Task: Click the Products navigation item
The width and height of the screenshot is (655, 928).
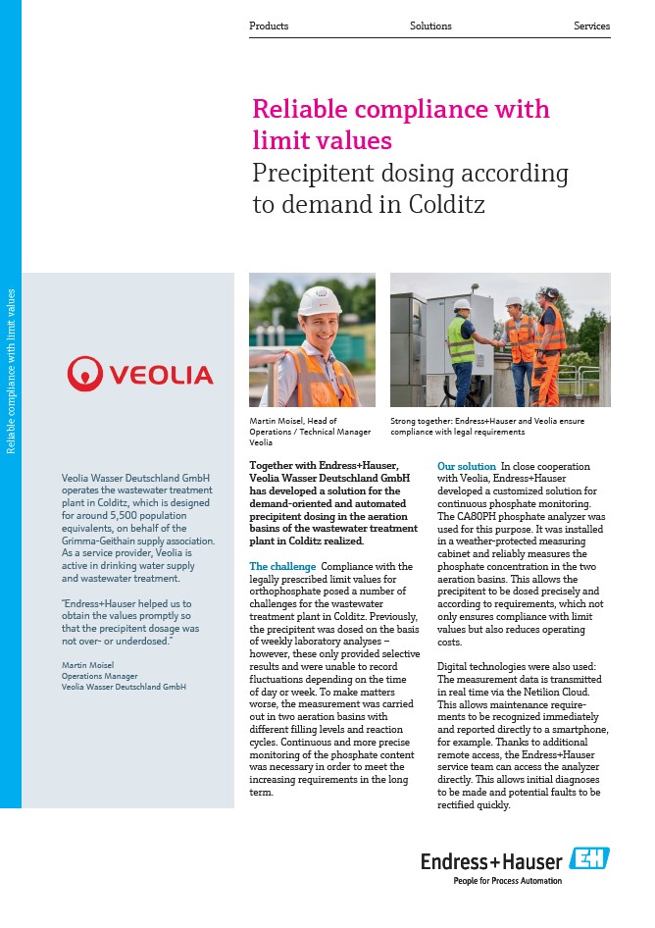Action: coord(269,26)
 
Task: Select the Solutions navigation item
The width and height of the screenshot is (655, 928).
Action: coord(430,26)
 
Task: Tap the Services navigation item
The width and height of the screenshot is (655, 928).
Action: coord(591,26)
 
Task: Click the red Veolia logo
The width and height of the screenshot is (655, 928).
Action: coord(140,374)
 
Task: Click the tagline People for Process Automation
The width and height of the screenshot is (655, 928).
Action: coord(507,881)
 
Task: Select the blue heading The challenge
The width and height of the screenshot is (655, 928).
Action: coord(282,567)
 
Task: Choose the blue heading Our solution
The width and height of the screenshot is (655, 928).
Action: coord(467,467)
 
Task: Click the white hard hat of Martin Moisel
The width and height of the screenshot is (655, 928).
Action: coord(319,300)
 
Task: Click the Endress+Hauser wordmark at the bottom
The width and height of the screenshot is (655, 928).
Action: coord(491,861)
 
